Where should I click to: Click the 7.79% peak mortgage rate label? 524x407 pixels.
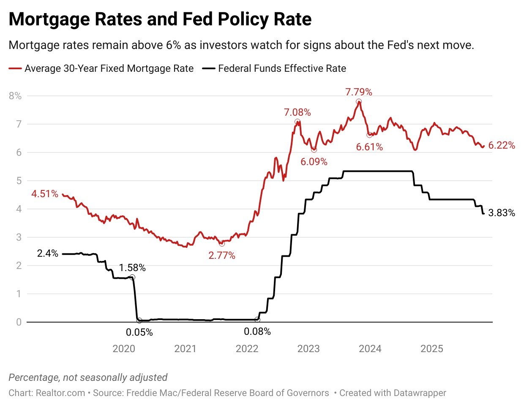(x=358, y=92)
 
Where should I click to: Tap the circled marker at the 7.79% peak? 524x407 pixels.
(x=359, y=102)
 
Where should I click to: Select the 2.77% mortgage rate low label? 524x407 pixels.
(x=222, y=255)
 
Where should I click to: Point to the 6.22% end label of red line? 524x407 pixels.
(x=502, y=145)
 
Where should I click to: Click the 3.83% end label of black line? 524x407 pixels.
(x=502, y=213)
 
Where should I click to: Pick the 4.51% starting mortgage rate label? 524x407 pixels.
(x=45, y=194)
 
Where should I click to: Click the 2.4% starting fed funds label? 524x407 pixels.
(x=47, y=254)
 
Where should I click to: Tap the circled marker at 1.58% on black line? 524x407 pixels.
(x=132, y=277)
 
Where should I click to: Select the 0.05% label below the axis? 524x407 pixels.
(x=139, y=333)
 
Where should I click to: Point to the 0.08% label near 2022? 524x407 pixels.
(x=257, y=332)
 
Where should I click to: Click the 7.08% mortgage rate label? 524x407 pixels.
(x=297, y=112)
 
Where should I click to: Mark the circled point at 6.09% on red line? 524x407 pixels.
(x=314, y=149)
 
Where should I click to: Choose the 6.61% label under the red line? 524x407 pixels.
(x=369, y=147)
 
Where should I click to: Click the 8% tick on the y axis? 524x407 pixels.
(x=15, y=96)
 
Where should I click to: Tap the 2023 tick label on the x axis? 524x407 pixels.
(x=308, y=349)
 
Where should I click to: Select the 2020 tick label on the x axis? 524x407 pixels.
(x=124, y=349)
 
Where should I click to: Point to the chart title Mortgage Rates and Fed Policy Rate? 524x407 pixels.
(x=160, y=19)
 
